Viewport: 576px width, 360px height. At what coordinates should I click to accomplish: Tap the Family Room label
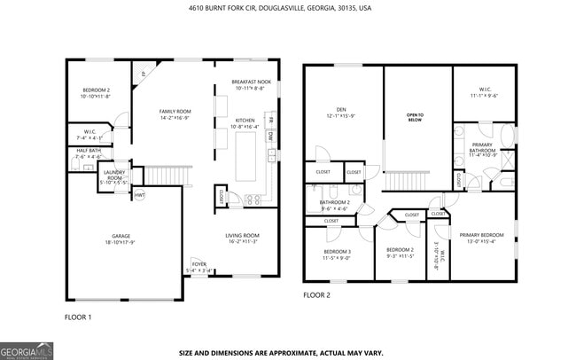[150, 113]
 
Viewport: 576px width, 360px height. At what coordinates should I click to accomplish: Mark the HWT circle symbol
[139, 194]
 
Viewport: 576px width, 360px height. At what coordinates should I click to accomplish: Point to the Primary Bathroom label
[483, 147]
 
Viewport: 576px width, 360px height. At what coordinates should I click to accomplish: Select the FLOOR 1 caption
[78, 316]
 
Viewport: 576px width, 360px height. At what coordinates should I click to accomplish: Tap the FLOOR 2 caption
[316, 294]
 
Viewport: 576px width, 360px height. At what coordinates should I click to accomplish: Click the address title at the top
[280, 6]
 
